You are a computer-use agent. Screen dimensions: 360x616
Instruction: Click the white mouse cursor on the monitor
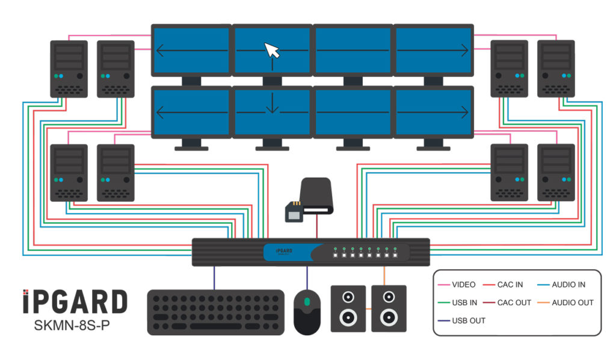[273, 50]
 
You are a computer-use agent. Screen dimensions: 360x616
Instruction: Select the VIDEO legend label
[463, 285]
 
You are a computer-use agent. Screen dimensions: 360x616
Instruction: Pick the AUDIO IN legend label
[568, 285]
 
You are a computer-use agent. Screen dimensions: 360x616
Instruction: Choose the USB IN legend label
[464, 303]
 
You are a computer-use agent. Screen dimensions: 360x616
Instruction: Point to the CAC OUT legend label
[514, 303]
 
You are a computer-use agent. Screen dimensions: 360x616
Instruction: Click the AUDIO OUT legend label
[572, 303]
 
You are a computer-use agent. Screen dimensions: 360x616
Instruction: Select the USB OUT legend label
[468, 321]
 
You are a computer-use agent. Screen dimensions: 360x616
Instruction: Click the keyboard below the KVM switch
[216, 312]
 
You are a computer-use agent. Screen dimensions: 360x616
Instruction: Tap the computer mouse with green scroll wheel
[307, 312]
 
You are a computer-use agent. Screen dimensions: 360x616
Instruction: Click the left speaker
[348, 308]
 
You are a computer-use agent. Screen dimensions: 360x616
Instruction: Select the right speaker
[388, 308]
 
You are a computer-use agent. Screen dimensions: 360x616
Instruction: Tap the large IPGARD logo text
[75, 302]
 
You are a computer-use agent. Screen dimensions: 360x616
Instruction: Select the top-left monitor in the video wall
[191, 51]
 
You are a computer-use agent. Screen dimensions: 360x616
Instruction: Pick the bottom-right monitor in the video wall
[434, 113]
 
